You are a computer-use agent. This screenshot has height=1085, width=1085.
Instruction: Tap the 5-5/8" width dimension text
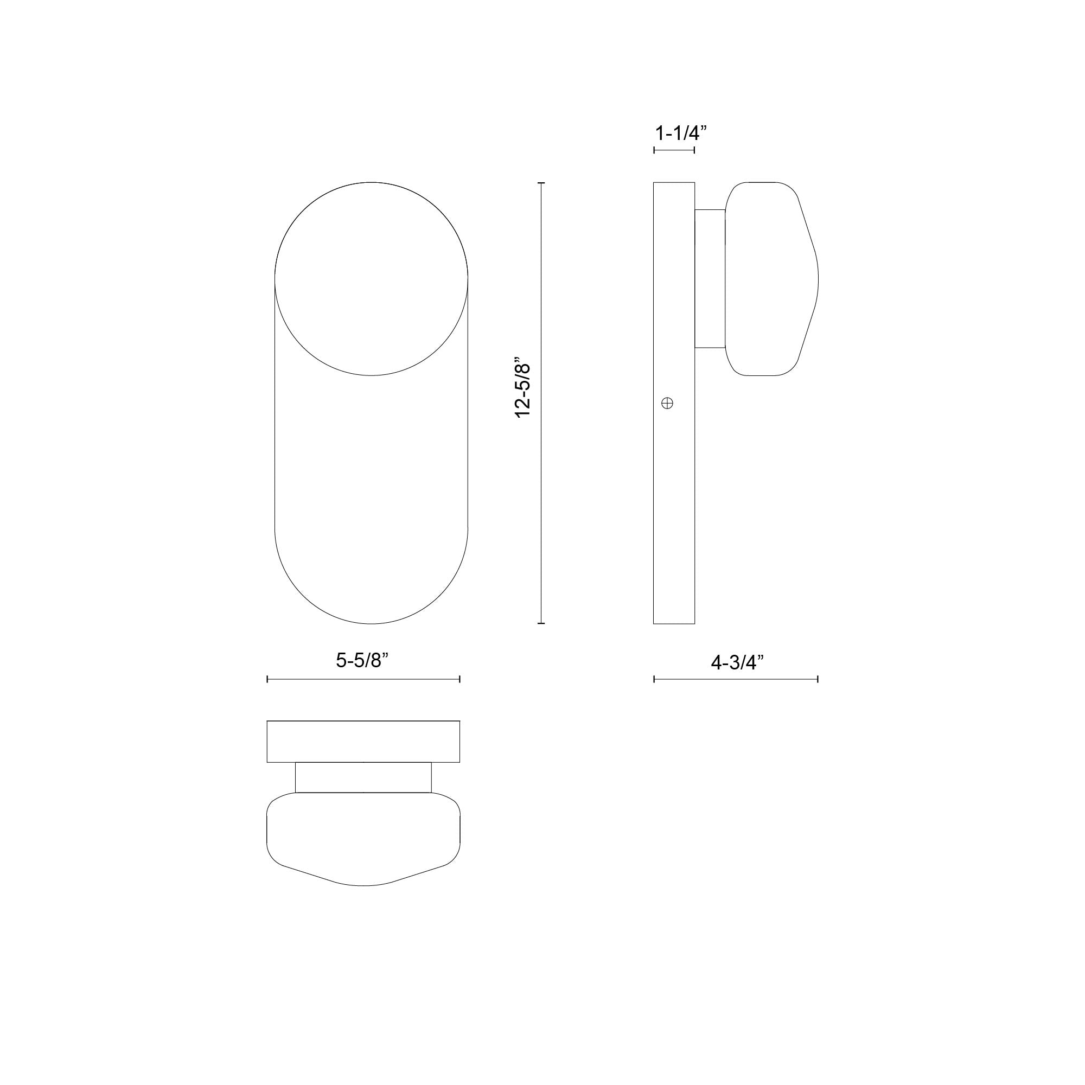(362, 661)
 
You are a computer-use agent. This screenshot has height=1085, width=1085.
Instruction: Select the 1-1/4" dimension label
(680, 133)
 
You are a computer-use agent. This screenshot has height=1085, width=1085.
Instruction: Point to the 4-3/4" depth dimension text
(737, 663)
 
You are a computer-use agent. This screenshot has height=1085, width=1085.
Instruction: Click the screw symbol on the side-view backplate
(668, 403)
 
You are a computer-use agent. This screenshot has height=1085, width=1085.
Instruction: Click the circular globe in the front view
(371, 278)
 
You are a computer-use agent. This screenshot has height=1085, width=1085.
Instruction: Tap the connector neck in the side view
(710, 278)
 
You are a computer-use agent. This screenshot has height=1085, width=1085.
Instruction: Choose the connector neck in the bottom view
(363, 777)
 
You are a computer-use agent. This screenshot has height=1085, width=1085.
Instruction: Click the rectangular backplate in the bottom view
(363, 741)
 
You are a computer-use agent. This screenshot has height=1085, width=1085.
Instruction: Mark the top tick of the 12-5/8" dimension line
(541, 183)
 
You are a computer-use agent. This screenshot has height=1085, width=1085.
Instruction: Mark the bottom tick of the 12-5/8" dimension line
(541, 623)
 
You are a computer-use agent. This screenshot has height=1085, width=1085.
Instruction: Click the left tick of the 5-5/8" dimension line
(267, 680)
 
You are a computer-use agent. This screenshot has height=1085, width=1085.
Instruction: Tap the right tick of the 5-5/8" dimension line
(460, 680)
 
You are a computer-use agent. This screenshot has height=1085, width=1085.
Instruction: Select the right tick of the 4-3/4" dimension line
(818, 680)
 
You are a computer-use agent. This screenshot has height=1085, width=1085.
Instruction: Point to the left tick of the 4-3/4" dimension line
(654, 680)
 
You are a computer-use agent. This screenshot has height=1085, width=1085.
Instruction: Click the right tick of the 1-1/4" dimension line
(695, 150)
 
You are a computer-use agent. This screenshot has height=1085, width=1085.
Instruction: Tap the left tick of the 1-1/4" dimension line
(654, 150)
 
